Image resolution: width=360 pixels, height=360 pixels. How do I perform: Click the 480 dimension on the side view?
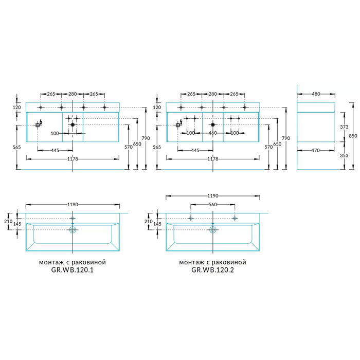[316, 94]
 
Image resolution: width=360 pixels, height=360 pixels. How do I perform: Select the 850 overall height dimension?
[353, 136]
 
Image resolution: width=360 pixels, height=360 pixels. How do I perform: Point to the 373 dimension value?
[344, 127]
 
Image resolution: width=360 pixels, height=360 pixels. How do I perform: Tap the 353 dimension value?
[344, 155]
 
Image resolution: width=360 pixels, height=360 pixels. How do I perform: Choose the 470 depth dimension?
[315, 150]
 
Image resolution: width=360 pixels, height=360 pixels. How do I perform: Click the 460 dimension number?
[212, 133]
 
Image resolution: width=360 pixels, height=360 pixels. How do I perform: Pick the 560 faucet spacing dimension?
[212, 204]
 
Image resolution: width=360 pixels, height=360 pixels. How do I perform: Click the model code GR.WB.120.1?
[73, 270]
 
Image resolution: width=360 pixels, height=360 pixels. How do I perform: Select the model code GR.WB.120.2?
[212, 270]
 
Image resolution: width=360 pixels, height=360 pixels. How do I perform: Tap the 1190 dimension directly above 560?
[213, 196]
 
